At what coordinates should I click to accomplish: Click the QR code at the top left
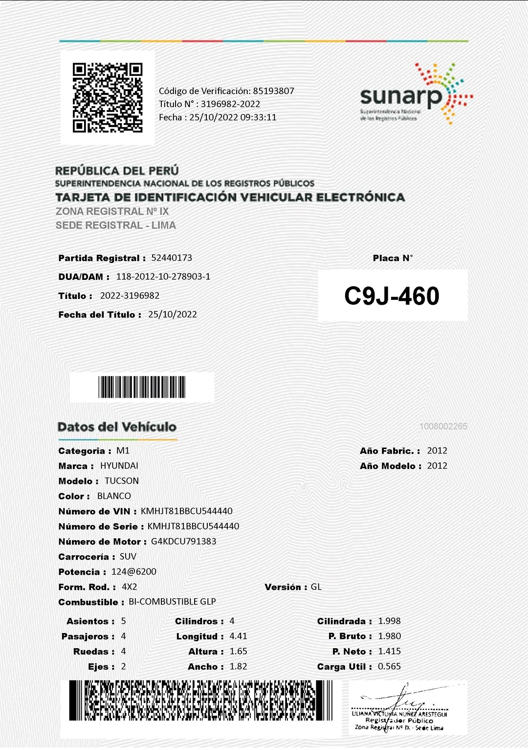108,98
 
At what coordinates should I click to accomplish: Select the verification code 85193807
273,91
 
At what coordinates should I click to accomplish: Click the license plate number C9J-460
392,296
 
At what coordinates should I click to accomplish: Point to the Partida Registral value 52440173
172,258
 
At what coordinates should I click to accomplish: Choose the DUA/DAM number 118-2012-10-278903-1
163,276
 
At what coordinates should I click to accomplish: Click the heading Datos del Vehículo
117,427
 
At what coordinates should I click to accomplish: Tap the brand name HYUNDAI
119,466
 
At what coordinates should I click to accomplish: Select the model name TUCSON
122,481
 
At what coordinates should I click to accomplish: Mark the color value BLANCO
114,496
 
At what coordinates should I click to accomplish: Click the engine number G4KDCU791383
183,542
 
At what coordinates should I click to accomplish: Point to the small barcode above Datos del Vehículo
142,387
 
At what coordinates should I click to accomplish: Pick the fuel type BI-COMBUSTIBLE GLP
172,602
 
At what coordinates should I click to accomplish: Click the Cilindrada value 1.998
389,621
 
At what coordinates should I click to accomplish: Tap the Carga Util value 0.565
389,667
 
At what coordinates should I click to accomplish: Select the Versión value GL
316,587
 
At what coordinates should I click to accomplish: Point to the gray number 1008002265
443,427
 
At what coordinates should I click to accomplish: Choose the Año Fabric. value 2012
437,451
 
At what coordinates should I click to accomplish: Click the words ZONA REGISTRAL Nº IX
112,212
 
